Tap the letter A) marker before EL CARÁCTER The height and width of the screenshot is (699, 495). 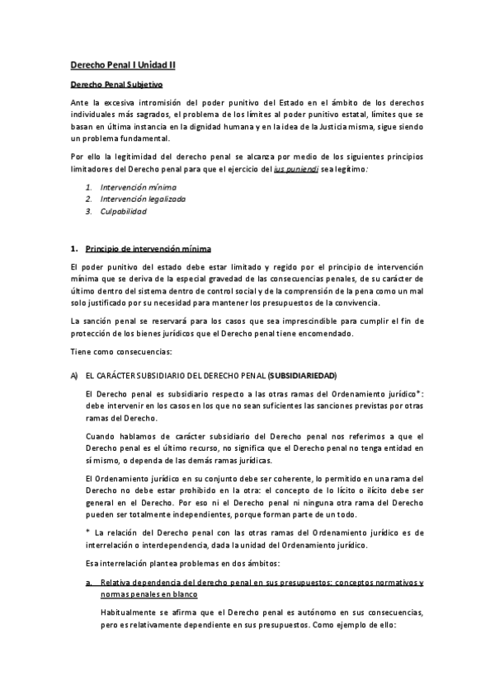tap(73, 375)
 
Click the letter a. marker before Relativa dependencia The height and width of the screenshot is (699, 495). tap(89, 582)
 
